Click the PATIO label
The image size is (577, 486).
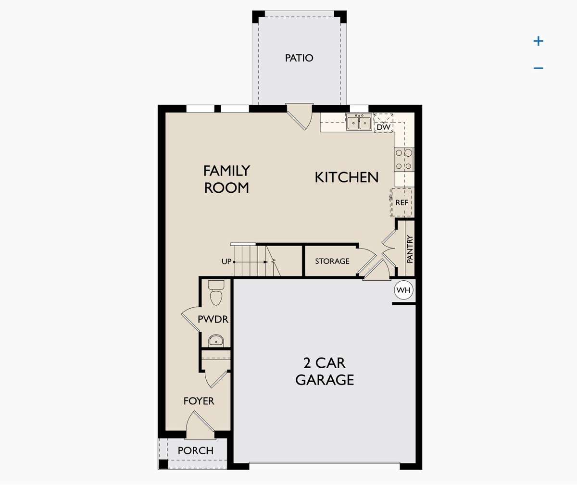[299, 58]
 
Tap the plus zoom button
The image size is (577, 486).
[539, 41]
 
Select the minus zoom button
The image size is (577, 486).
[539, 68]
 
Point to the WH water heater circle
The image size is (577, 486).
[403, 290]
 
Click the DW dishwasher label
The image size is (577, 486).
[384, 127]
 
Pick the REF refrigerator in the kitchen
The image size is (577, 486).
[402, 202]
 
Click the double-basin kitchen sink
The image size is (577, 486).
[359, 122]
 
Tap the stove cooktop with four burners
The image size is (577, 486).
[404, 160]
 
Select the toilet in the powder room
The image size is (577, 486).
[216, 293]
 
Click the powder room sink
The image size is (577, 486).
[216, 340]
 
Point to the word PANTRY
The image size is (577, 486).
[410, 249]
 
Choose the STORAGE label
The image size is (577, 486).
[332, 261]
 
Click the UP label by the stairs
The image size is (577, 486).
[226, 262]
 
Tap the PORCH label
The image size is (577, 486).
[195, 451]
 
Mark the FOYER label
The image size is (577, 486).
[199, 401]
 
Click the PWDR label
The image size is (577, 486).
[213, 319]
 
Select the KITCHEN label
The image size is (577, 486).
[347, 177]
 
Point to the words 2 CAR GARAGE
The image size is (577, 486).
[325, 371]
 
